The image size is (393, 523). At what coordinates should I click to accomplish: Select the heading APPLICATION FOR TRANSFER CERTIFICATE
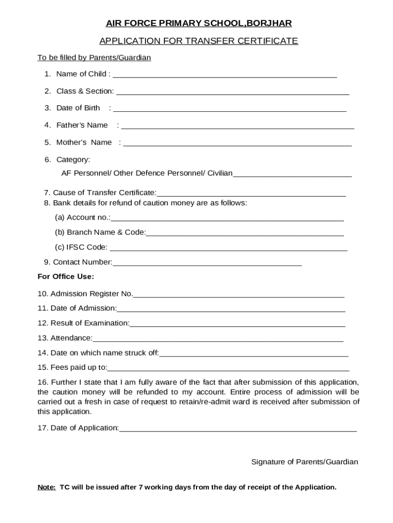(199, 41)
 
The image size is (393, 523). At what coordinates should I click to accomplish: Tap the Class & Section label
(85, 91)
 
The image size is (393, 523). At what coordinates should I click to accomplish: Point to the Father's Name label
(82, 125)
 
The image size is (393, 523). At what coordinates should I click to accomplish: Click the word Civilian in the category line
(219, 173)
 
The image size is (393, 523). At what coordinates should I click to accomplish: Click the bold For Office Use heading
(66, 277)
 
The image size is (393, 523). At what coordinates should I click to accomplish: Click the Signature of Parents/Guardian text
(304, 462)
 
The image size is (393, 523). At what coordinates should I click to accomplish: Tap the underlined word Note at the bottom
(46, 487)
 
